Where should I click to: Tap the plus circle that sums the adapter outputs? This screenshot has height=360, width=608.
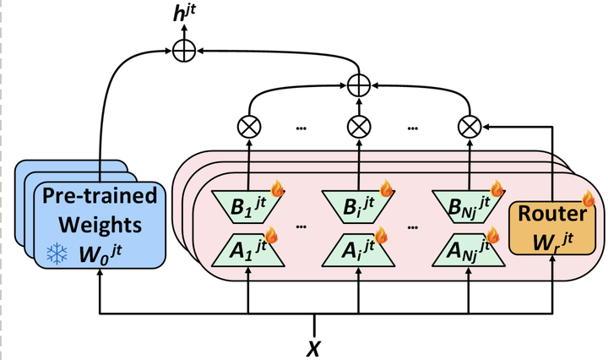click(x=360, y=85)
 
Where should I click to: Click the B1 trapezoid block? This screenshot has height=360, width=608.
click(x=248, y=205)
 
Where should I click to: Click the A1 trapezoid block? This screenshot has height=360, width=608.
click(x=248, y=251)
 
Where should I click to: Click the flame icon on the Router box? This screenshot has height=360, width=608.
click(x=588, y=200)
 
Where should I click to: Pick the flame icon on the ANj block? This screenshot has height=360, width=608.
click(x=494, y=235)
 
